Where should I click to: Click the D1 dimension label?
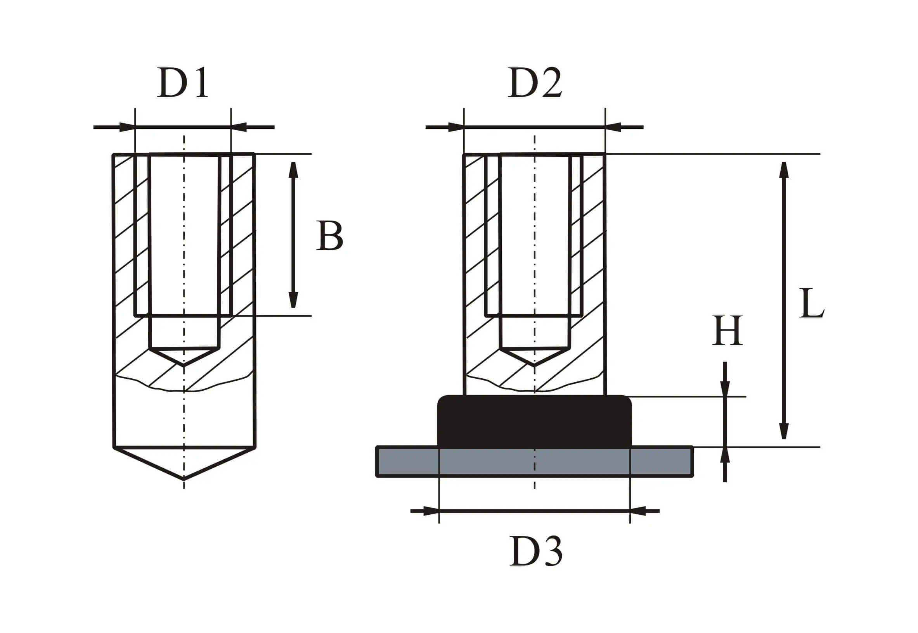[183, 82]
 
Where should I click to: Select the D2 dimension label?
[535, 82]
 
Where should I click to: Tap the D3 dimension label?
[536, 551]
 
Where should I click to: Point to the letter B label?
[329, 236]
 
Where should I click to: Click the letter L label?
[812, 303]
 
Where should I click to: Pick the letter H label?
[727, 330]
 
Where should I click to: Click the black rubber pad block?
[534, 421]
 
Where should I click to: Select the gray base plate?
[535, 461]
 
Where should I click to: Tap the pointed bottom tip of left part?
[184, 479]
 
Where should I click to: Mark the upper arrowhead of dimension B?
[293, 170]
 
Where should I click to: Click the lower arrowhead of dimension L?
[783, 431]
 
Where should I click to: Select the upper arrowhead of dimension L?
[783, 170]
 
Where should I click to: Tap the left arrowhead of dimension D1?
[127, 127]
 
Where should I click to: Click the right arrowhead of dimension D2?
[613, 127]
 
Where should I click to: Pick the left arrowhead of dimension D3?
[431, 511]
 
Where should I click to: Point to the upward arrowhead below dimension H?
[725, 455]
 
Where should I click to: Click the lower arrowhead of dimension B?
[293, 300]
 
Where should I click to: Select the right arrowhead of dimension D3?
[638, 511]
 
